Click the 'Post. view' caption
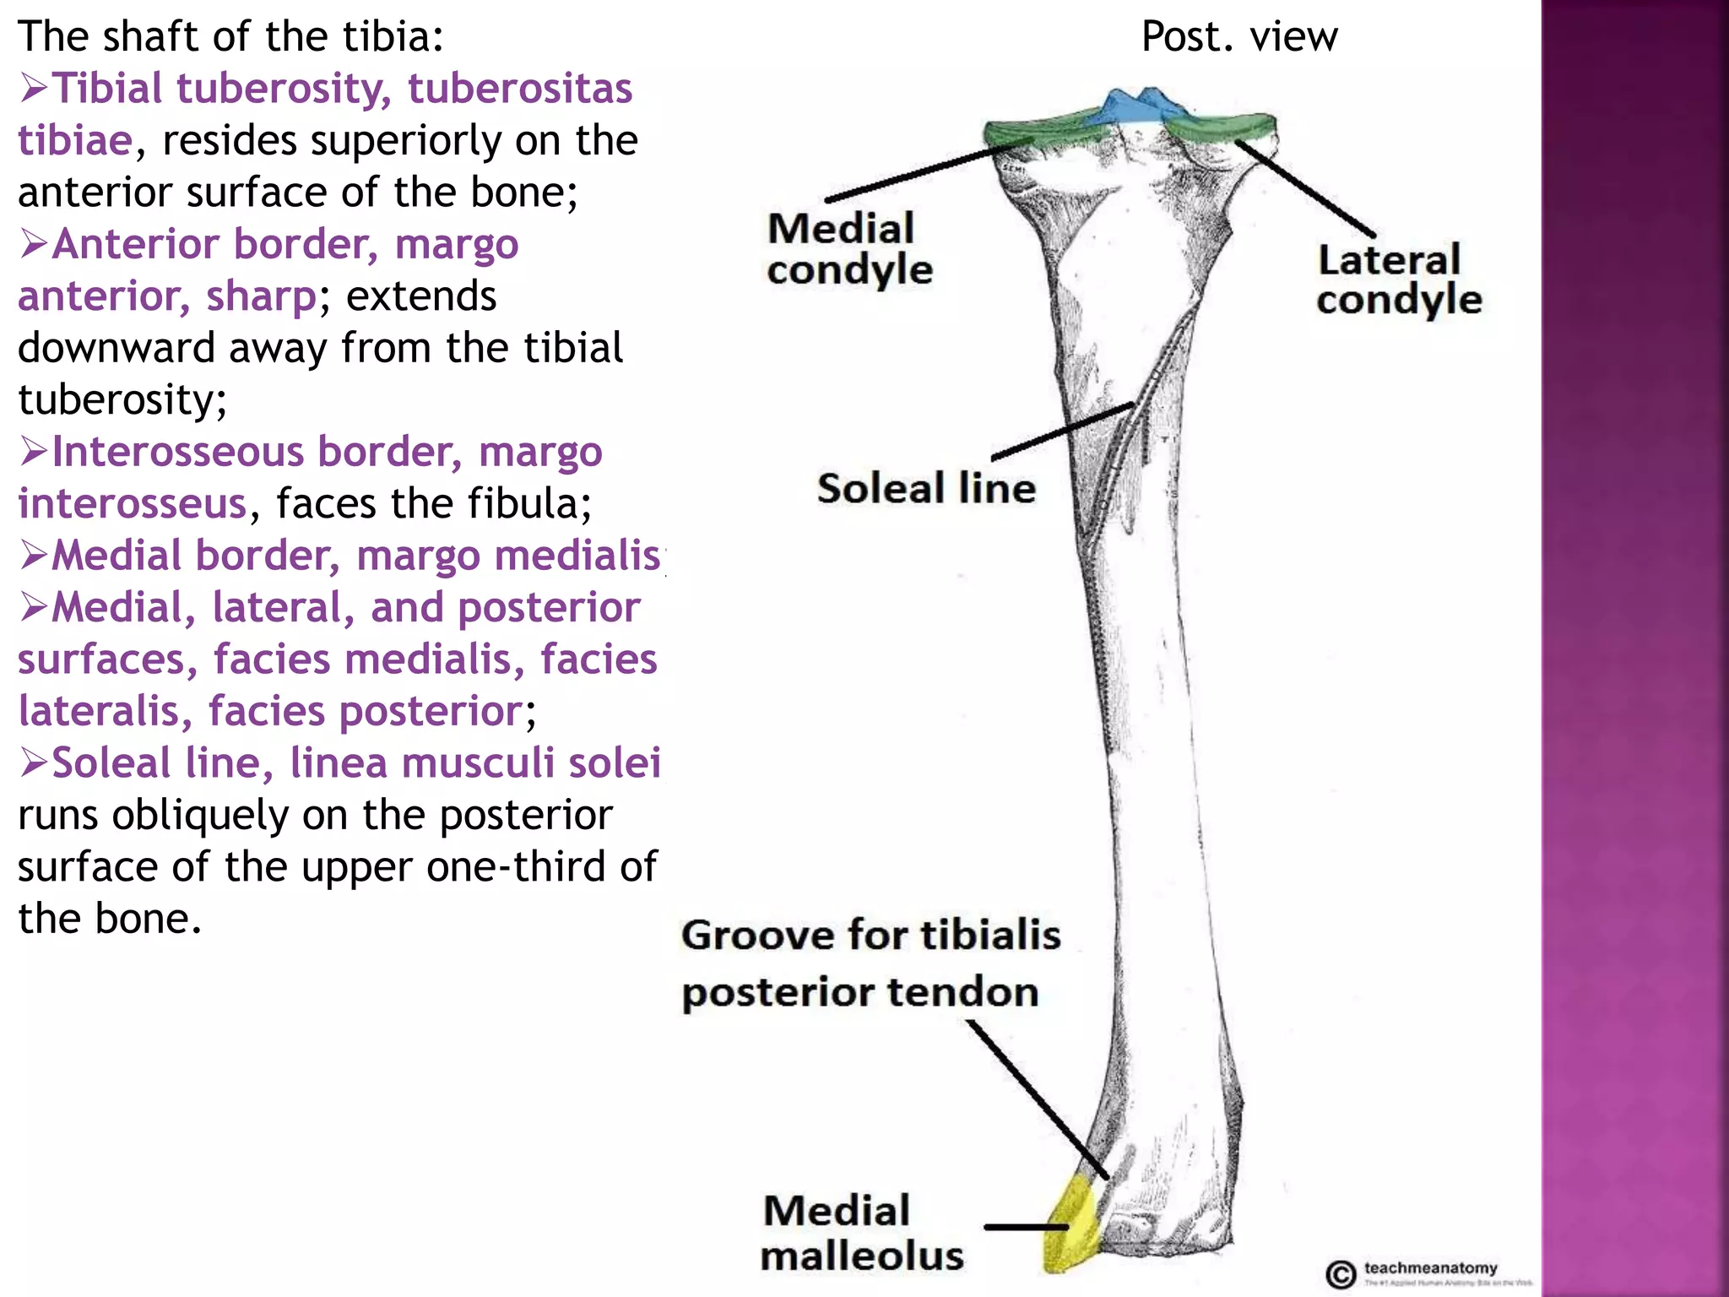point(1238,37)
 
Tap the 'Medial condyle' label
point(848,249)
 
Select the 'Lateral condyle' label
point(1398,280)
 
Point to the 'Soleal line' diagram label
point(926,489)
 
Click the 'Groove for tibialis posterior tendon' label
point(870,963)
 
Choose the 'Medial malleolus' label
point(861,1233)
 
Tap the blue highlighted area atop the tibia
point(1136,108)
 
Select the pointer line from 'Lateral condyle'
point(1304,187)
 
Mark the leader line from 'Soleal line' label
point(1062,431)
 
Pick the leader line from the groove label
point(1037,1098)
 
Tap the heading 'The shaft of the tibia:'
point(230,37)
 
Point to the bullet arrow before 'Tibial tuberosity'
point(34,88)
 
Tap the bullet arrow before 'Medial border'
point(34,556)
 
